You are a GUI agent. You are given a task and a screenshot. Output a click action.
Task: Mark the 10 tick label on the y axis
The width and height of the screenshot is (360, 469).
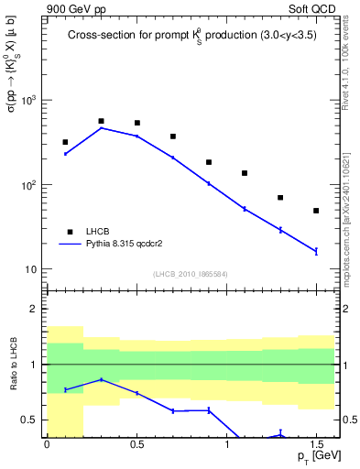[x=30, y=269]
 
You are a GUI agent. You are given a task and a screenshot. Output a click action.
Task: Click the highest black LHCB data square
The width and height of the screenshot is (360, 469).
[x=101, y=121]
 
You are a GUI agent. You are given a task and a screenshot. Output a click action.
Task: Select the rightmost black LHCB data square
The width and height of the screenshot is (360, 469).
[x=316, y=211]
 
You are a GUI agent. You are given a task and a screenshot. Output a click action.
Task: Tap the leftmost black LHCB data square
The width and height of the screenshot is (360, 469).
[x=65, y=142]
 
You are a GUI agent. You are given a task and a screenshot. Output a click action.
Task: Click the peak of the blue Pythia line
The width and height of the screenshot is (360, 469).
[x=101, y=128]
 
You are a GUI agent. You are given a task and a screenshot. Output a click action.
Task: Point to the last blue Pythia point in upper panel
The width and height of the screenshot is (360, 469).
[x=316, y=251]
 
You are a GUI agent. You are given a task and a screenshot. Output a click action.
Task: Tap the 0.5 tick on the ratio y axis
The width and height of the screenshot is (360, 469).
[x=29, y=420]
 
